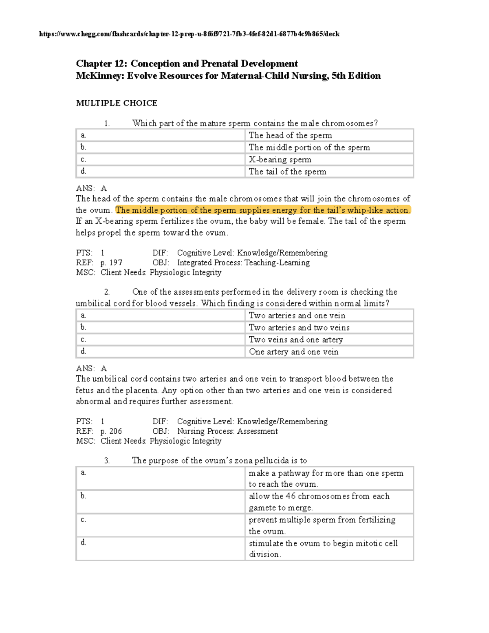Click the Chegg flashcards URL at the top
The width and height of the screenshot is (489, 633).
[189, 34]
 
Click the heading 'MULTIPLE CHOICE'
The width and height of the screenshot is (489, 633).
[117, 103]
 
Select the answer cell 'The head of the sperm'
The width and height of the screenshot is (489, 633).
[290, 135]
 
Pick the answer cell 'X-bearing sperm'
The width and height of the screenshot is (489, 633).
[280, 159]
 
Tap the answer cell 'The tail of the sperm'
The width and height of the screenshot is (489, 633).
[287, 172]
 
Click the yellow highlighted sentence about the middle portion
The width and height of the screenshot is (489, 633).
[263, 210]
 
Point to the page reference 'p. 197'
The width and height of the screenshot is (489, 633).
[111, 263]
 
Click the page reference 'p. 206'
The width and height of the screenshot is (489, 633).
[111, 431]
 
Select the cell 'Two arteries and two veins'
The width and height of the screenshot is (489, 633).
[299, 328]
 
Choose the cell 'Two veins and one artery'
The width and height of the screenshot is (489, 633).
[296, 340]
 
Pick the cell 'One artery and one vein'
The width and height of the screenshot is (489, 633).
[293, 352]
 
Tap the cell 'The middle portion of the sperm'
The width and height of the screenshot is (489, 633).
[309, 148]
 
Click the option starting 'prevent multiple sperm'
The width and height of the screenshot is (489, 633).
[322, 525]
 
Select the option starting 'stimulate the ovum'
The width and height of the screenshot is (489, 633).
[323, 549]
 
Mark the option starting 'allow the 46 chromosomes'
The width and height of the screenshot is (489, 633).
[319, 502]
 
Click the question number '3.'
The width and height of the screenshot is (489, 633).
[107, 461]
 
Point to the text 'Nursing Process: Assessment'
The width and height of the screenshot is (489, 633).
[227, 431]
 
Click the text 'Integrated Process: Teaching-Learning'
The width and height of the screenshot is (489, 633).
[243, 263]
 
